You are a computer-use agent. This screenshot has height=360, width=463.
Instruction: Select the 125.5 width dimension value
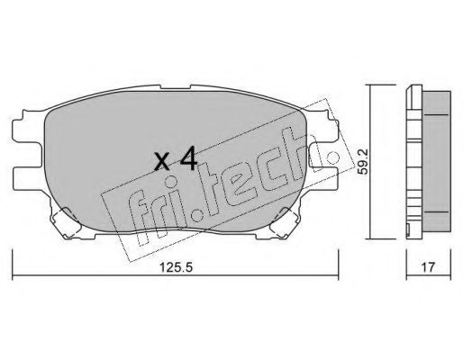click(176, 266)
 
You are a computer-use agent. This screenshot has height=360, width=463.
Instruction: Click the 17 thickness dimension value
click(428, 266)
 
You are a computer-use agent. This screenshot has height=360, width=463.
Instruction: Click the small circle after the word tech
click(332, 157)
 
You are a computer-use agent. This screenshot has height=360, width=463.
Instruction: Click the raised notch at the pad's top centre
click(176, 87)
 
